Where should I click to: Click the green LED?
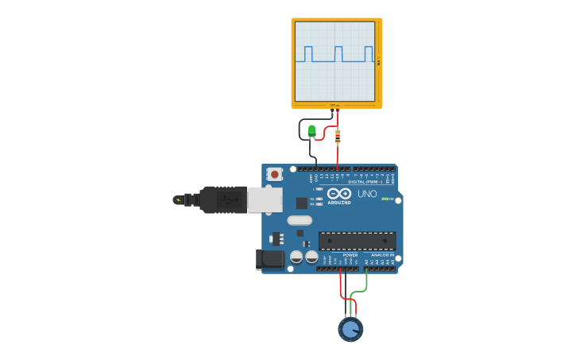311,130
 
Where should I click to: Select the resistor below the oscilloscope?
338,137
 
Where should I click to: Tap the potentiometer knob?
350,328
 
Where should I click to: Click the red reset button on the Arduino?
274,174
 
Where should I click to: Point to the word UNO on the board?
367,194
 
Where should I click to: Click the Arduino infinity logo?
339,193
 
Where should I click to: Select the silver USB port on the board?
265,199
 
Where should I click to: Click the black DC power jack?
270,258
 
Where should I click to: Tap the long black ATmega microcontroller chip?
357,241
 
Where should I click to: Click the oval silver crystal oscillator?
300,220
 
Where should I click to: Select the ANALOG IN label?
382,255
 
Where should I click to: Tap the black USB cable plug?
222,199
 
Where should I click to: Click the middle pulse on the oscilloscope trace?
338,53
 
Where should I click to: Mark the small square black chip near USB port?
302,203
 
